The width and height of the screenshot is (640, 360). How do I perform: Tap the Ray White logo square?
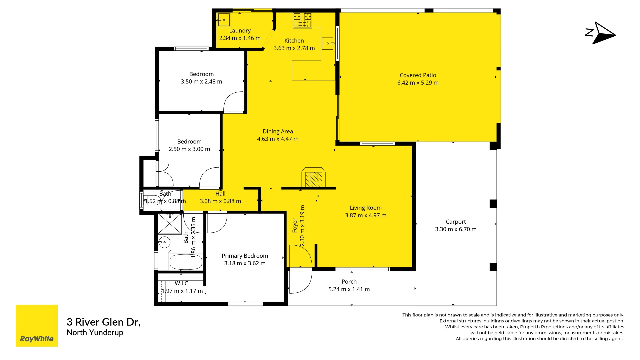coord(37,326)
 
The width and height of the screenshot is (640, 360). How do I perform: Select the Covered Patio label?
coord(418,75)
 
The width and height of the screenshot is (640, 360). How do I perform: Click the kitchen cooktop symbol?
coord(302,20)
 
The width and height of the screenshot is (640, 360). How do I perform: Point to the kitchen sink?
coord(328,43)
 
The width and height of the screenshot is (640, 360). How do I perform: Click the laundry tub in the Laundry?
coord(224,20)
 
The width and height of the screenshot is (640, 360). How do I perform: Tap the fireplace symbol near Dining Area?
coord(313,179)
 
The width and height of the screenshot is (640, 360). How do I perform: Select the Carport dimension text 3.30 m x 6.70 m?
coord(456,229)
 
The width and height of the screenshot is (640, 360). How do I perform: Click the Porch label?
coord(349,282)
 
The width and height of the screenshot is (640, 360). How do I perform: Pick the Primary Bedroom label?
coord(245,256)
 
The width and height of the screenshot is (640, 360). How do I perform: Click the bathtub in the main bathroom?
coord(186,262)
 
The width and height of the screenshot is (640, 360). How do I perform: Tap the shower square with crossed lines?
coord(170,224)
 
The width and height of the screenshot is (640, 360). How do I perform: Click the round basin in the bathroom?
coord(164,242)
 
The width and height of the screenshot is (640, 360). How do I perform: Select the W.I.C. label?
coord(182,283)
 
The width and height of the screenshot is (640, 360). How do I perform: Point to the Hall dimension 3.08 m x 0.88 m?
coord(220,201)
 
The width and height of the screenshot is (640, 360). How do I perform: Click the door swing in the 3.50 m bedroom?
coord(233,102)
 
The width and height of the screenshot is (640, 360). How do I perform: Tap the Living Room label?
coord(366,208)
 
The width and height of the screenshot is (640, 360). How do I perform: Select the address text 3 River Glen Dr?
coord(103,322)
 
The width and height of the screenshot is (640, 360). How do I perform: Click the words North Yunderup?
coord(95,333)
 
